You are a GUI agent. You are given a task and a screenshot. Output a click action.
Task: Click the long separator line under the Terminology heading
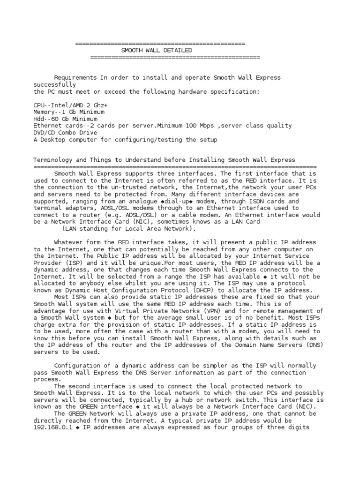(x=175, y=167)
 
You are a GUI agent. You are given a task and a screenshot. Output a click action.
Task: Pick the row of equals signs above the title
(x=160, y=44)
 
